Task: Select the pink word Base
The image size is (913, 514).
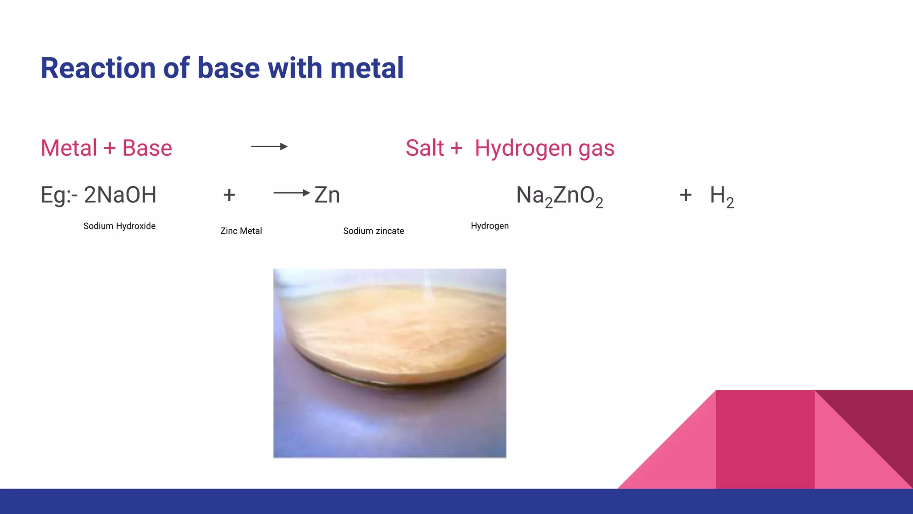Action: point(147,148)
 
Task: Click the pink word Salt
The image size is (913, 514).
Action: point(425,148)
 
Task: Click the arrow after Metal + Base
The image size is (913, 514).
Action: point(269,146)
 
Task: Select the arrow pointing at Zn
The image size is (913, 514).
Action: point(292,193)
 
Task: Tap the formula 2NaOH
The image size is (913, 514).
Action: point(120,195)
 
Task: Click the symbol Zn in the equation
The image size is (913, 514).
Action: point(327,195)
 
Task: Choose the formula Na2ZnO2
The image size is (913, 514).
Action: point(559,197)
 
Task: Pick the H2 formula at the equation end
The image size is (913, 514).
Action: point(722,197)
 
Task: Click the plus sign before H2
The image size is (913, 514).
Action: point(686,195)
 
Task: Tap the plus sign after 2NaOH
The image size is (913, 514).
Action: point(229,195)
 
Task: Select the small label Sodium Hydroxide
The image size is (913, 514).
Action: point(119,226)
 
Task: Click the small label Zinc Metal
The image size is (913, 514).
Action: point(241,231)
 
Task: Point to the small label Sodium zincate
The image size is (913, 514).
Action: point(374,231)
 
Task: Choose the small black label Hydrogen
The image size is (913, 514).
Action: point(489,226)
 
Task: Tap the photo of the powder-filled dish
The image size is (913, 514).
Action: point(390,363)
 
